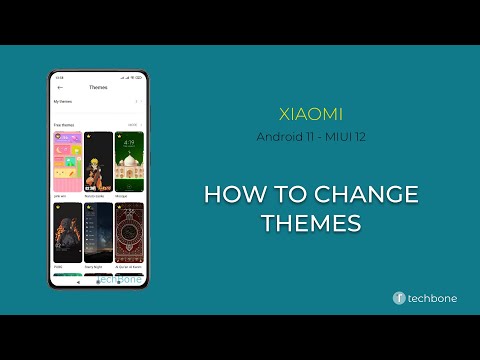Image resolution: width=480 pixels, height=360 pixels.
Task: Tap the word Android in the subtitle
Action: click(x=276, y=136)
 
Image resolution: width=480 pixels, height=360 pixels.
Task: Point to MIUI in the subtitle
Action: click(x=338, y=136)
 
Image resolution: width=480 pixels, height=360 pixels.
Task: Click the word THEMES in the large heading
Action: click(x=310, y=224)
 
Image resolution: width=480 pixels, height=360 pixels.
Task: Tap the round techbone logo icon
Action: click(x=398, y=297)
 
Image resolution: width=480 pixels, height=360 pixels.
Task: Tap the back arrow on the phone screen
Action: click(x=60, y=87)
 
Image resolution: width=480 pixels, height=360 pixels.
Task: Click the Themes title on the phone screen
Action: click(x=98, y=87)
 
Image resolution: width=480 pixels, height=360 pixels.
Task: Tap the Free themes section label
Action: click(x=64, y=125)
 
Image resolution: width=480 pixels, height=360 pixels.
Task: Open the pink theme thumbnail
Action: click(x=67, y=162)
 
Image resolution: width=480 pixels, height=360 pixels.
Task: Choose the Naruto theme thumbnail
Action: click(x=98, y=162)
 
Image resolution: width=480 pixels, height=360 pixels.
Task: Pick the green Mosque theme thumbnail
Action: click(x=129, y=162)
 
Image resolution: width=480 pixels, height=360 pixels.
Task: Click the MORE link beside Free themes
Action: click(x=132, y=125)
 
